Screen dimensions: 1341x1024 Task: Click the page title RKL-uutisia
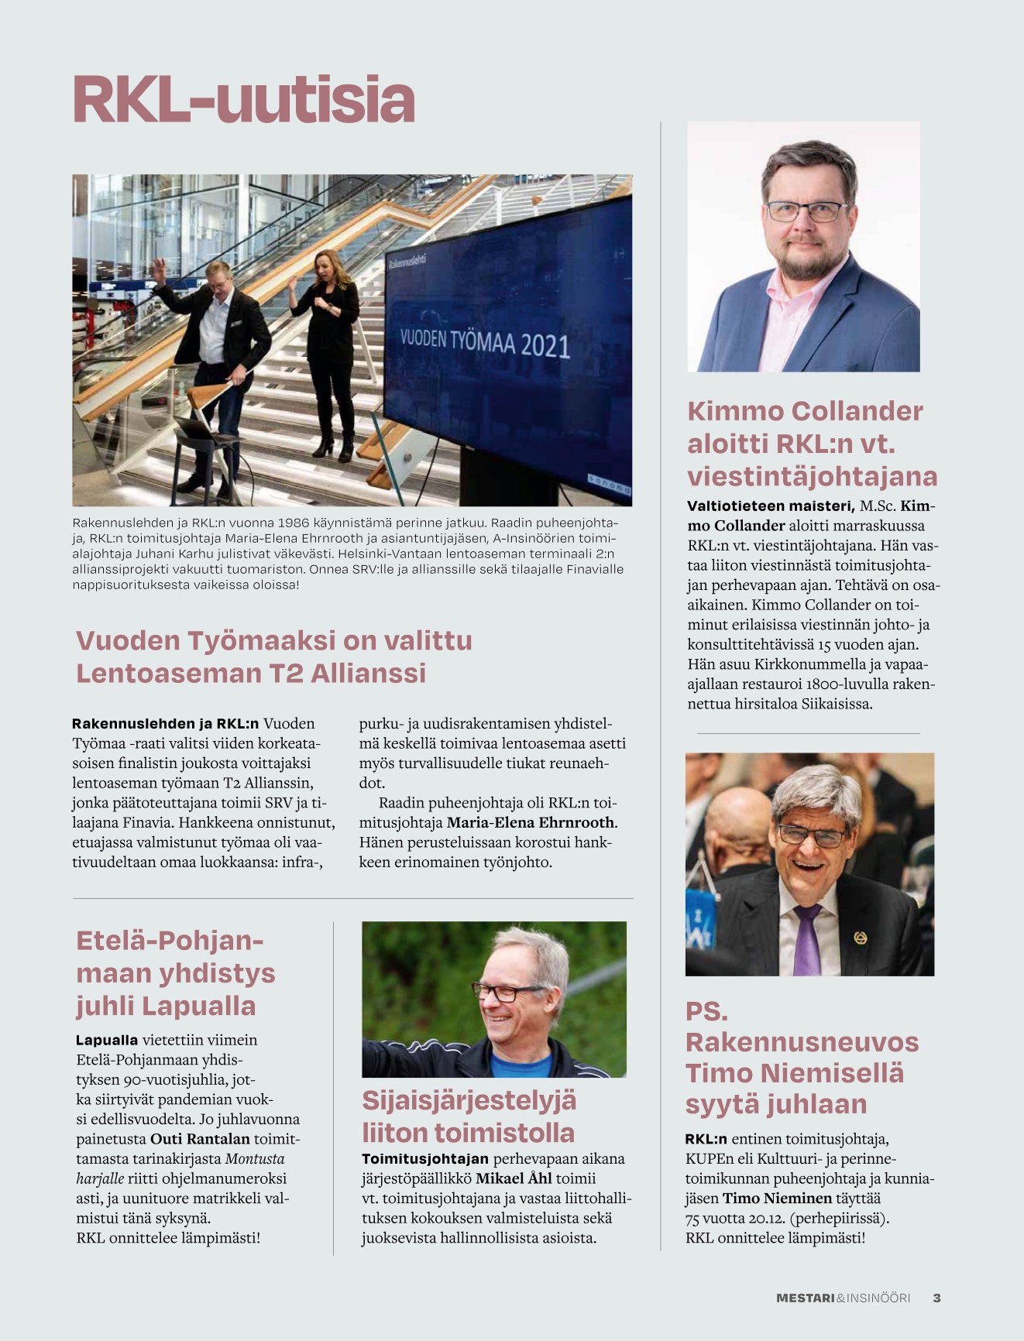[244, 100]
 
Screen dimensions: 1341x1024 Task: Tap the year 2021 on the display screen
[545, 346]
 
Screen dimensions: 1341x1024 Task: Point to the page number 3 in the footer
[936, 1298]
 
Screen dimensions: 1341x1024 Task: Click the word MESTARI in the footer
[805, 1298]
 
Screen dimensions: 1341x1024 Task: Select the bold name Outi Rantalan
[200, 1138]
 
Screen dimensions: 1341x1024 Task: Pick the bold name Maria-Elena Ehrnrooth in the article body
[531, 822]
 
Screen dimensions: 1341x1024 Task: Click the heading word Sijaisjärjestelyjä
[469, 1100]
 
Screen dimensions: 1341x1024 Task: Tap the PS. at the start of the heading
[706, 1011]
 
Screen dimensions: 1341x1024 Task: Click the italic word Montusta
[255, 1158]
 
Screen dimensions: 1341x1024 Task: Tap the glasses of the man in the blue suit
[806, 211]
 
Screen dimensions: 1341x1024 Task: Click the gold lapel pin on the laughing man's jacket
[860, 938]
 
